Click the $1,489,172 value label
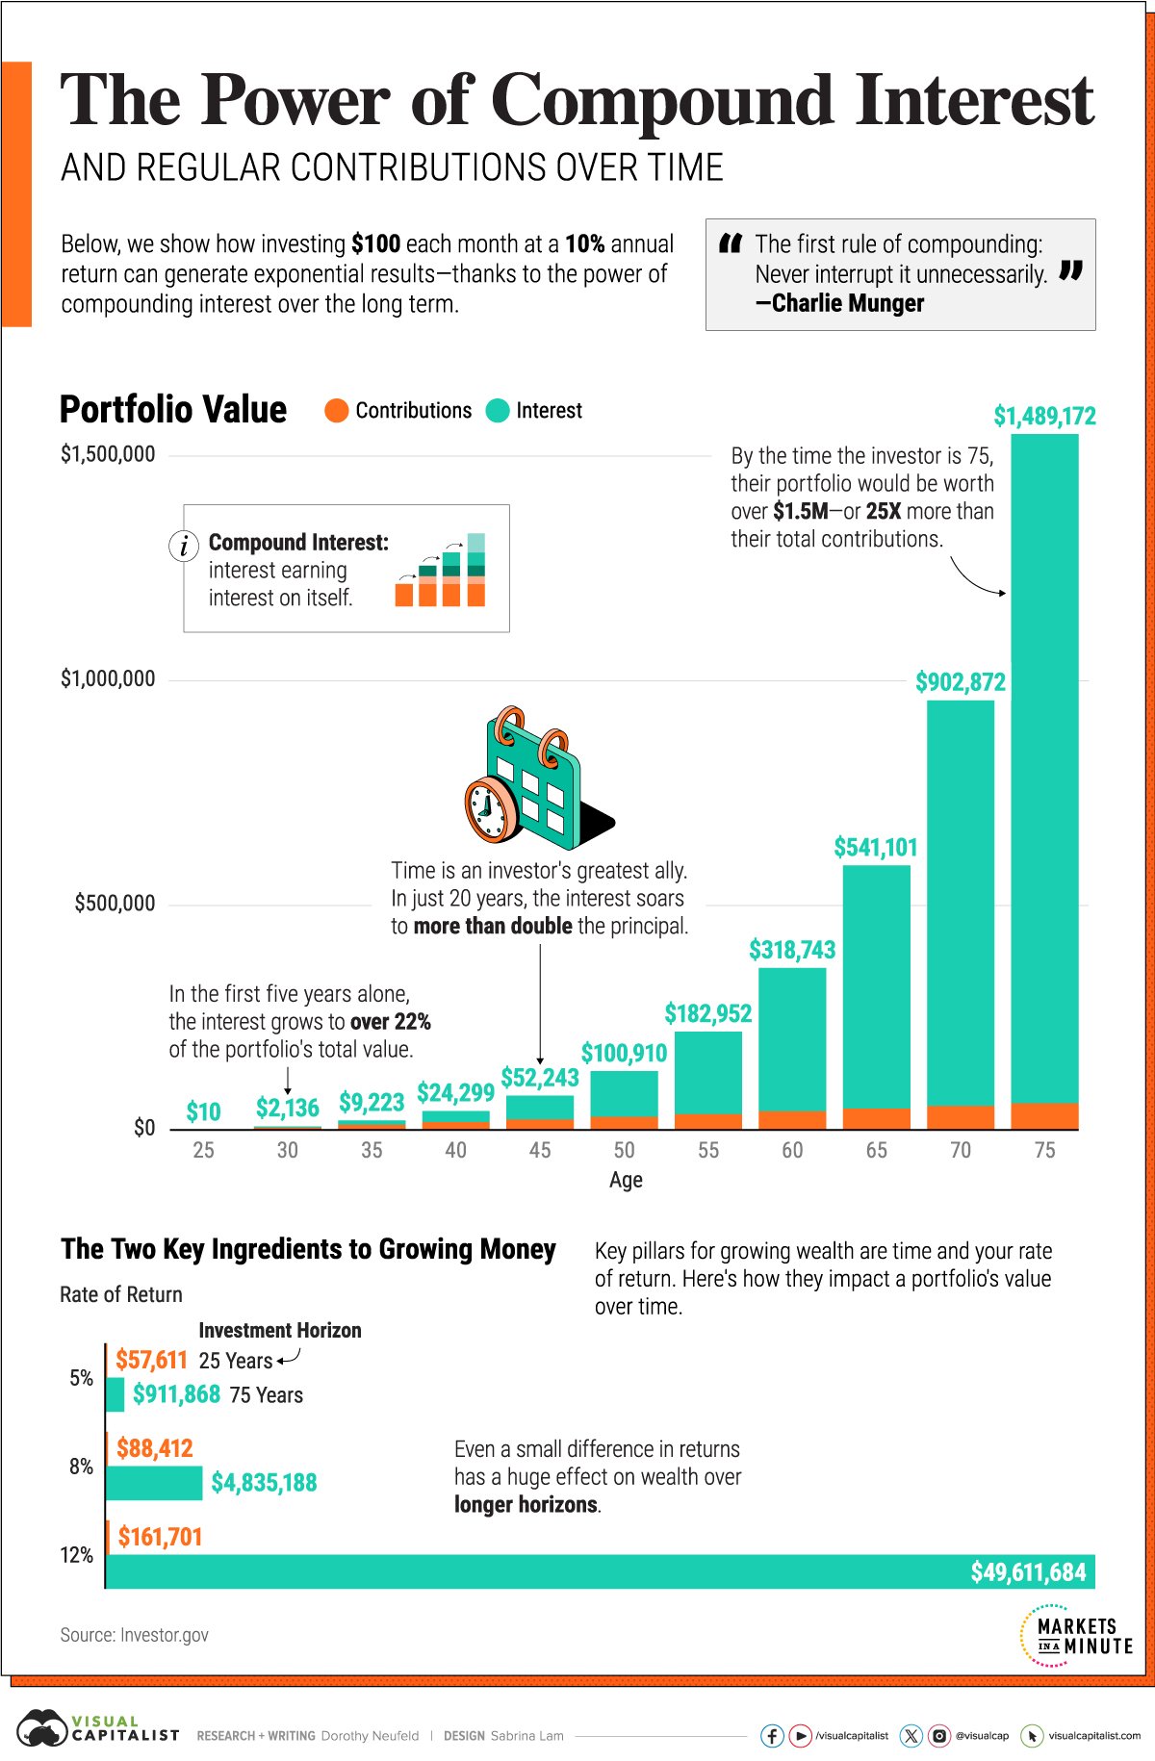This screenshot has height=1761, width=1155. tap(1044, 416)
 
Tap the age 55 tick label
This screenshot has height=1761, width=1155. tap(708, 1150)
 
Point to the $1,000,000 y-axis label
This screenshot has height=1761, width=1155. tap(108, 679)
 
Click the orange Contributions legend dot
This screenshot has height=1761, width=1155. tap(336, 411)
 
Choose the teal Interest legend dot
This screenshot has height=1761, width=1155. tap(498, 411)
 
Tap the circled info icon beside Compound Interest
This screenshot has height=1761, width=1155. tap(184, 546)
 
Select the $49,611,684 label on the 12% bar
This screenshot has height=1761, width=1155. tap(1027, 1572)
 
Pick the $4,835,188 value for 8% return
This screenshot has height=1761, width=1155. tap(264, 1483)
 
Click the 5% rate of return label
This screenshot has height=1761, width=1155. tap(82, 1378)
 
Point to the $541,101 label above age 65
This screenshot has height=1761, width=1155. tap(875, 848)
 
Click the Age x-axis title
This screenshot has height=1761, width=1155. tap(626, 1180)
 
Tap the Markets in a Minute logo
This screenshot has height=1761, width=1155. tap(1077, 1635)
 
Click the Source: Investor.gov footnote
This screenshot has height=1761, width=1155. tap(134, 1635)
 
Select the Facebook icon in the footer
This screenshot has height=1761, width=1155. tap(772, 1735)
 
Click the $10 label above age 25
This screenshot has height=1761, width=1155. tap(203, 1112)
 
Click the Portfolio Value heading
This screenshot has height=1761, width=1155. tap(173, 410)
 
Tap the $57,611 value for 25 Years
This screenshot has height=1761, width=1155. tap(151, 1360)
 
